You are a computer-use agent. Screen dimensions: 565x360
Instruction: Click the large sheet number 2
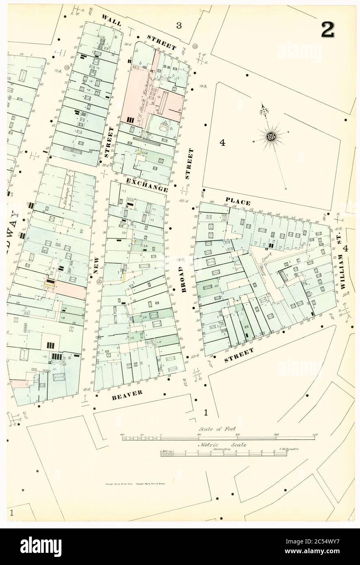click(328, 29)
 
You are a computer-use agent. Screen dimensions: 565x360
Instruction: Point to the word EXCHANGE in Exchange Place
click(147, 185)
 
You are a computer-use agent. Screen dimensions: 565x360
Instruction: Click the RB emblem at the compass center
click(271, 137)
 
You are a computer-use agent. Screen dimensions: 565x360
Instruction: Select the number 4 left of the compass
click(222, 142)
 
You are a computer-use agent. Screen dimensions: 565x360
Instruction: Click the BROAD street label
click(183, 277)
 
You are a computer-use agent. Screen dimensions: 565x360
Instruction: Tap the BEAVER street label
click(128, 395)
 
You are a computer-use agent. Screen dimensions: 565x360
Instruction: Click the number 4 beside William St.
click(345, 248)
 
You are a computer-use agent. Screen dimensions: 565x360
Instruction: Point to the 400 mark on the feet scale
click(314, 435)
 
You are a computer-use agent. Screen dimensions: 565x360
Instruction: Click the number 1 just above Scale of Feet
click(206, 413)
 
